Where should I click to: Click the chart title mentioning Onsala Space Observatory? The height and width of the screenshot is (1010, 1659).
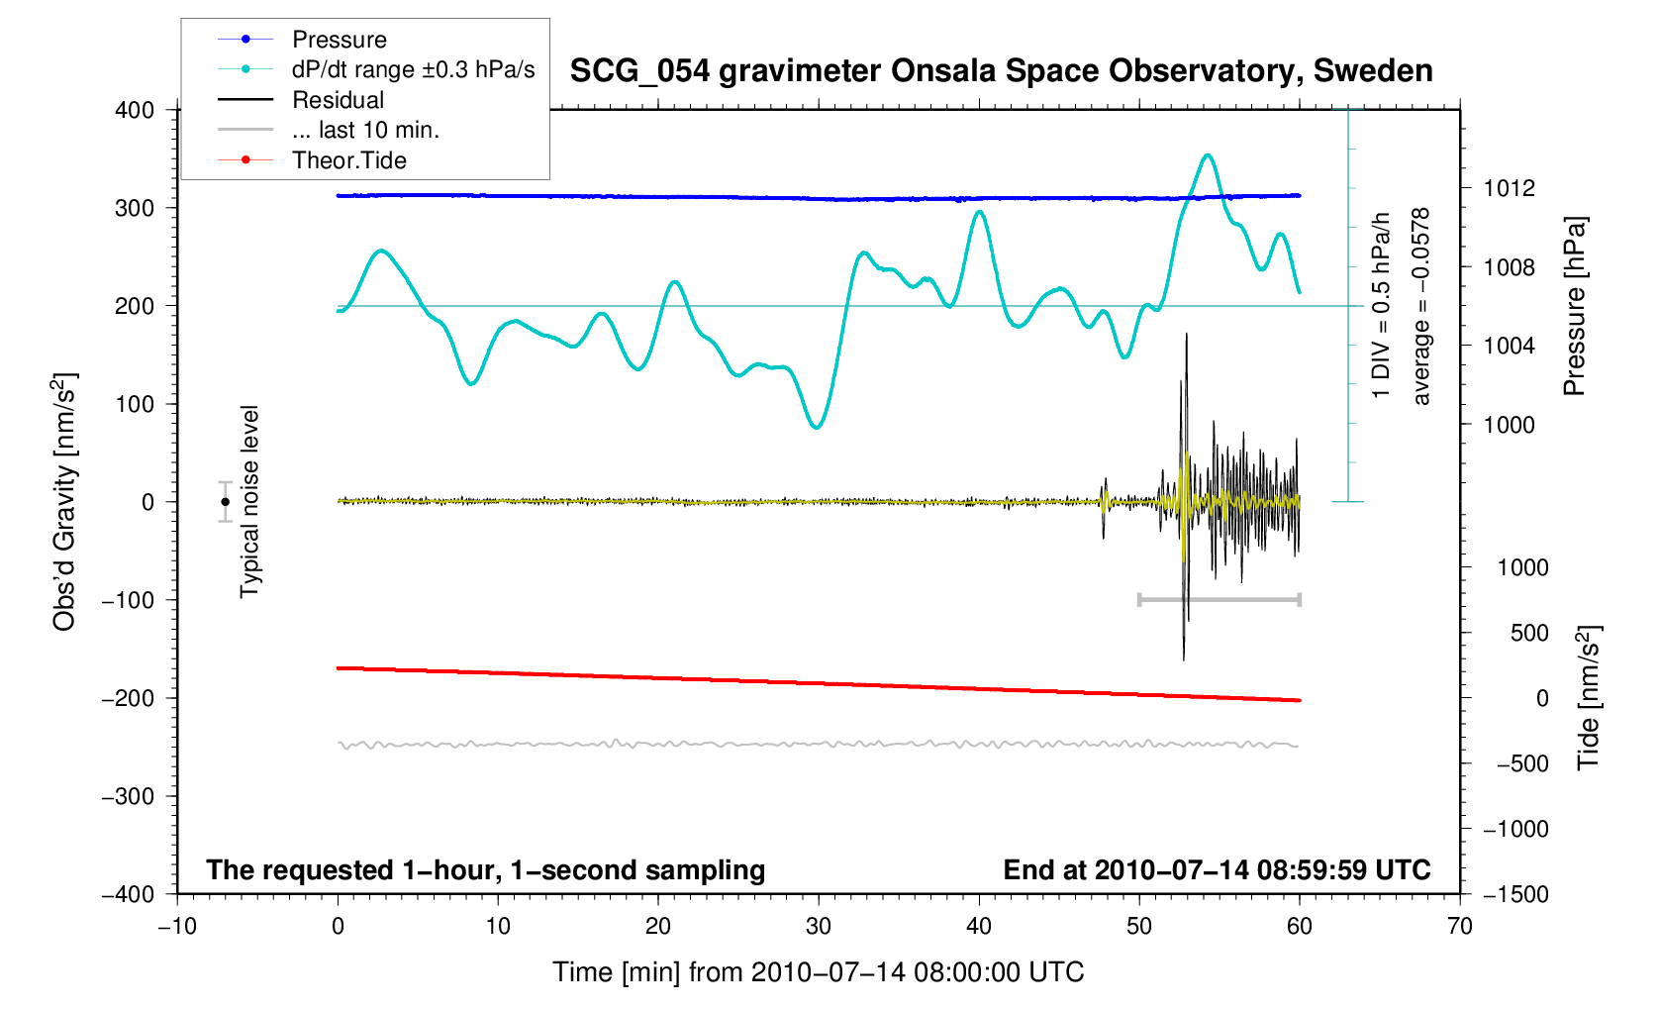coord(1001,71)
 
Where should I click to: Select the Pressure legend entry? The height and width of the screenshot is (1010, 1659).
coord(339,40)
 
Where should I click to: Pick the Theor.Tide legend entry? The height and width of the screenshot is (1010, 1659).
coord(348,160)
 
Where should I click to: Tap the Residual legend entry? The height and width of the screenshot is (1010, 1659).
coord(338,100)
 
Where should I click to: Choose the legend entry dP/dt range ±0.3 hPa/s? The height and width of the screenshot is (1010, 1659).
coord(413,69)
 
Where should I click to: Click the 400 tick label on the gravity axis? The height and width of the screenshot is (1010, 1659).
coord(135,110)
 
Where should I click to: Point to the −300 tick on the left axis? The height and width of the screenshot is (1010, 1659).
coord(129,796)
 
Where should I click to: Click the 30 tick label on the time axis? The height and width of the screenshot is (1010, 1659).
coord(819,926)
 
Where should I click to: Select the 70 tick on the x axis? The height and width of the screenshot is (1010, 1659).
coord(1459,926)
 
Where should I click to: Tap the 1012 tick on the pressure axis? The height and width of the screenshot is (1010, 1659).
coord(1510,188)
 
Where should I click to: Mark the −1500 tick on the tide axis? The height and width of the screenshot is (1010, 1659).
coord(1515,894)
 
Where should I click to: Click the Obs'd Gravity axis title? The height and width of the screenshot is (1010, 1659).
coord(64,502)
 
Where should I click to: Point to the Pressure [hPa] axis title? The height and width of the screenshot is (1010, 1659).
coord(1574,307)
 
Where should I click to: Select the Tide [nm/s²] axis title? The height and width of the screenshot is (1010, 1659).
coord(1589,698)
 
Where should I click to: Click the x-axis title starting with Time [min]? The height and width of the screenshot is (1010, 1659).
coord(818,972)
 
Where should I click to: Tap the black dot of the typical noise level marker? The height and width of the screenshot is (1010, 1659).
coord(226,502)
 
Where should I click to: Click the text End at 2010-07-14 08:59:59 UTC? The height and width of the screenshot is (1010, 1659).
coord(1217,870)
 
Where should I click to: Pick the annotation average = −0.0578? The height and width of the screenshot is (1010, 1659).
coord(1421,307)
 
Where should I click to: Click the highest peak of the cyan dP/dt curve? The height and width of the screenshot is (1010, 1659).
coord(1208,155)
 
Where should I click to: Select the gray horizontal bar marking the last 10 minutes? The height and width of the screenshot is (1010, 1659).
coord(1219,599)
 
